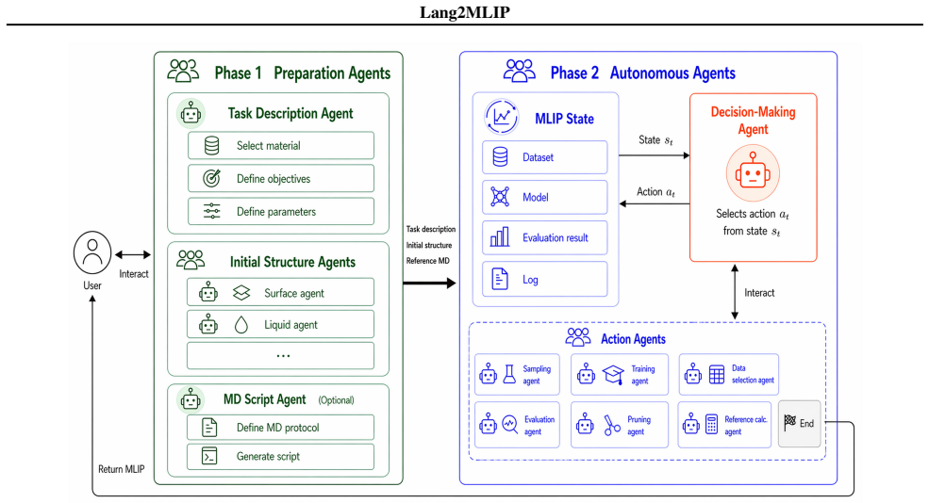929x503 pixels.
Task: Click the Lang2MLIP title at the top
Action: click(464, 12)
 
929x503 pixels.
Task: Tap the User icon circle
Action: click(92, 252)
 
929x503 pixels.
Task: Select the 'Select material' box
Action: click(281, 146)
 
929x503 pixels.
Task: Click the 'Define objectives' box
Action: click(281, 179)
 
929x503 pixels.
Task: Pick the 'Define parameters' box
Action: click(281, 211)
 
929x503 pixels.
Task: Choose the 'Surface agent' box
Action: click(280, 292)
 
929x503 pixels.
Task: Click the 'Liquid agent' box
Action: click(280, 324)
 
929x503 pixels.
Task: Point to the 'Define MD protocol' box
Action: click(280, 428)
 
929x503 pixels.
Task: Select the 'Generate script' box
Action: click(280, 456)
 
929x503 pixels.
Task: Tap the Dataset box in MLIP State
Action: click(544, 157)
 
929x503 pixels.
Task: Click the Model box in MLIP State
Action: click(544, 197)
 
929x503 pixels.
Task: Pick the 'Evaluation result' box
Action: click(544, 237)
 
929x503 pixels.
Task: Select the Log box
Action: click(544, 279)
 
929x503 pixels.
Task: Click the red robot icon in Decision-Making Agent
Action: click(753, 173)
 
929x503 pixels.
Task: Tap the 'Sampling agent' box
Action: click(517, 374)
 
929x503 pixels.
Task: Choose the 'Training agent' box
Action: click(619, 374)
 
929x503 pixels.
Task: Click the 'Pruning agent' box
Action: click(619, 424)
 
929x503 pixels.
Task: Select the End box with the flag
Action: click(799, 423)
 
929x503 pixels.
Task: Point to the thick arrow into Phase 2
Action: click(429, 283)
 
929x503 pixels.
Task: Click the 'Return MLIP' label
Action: click(122, 469)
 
